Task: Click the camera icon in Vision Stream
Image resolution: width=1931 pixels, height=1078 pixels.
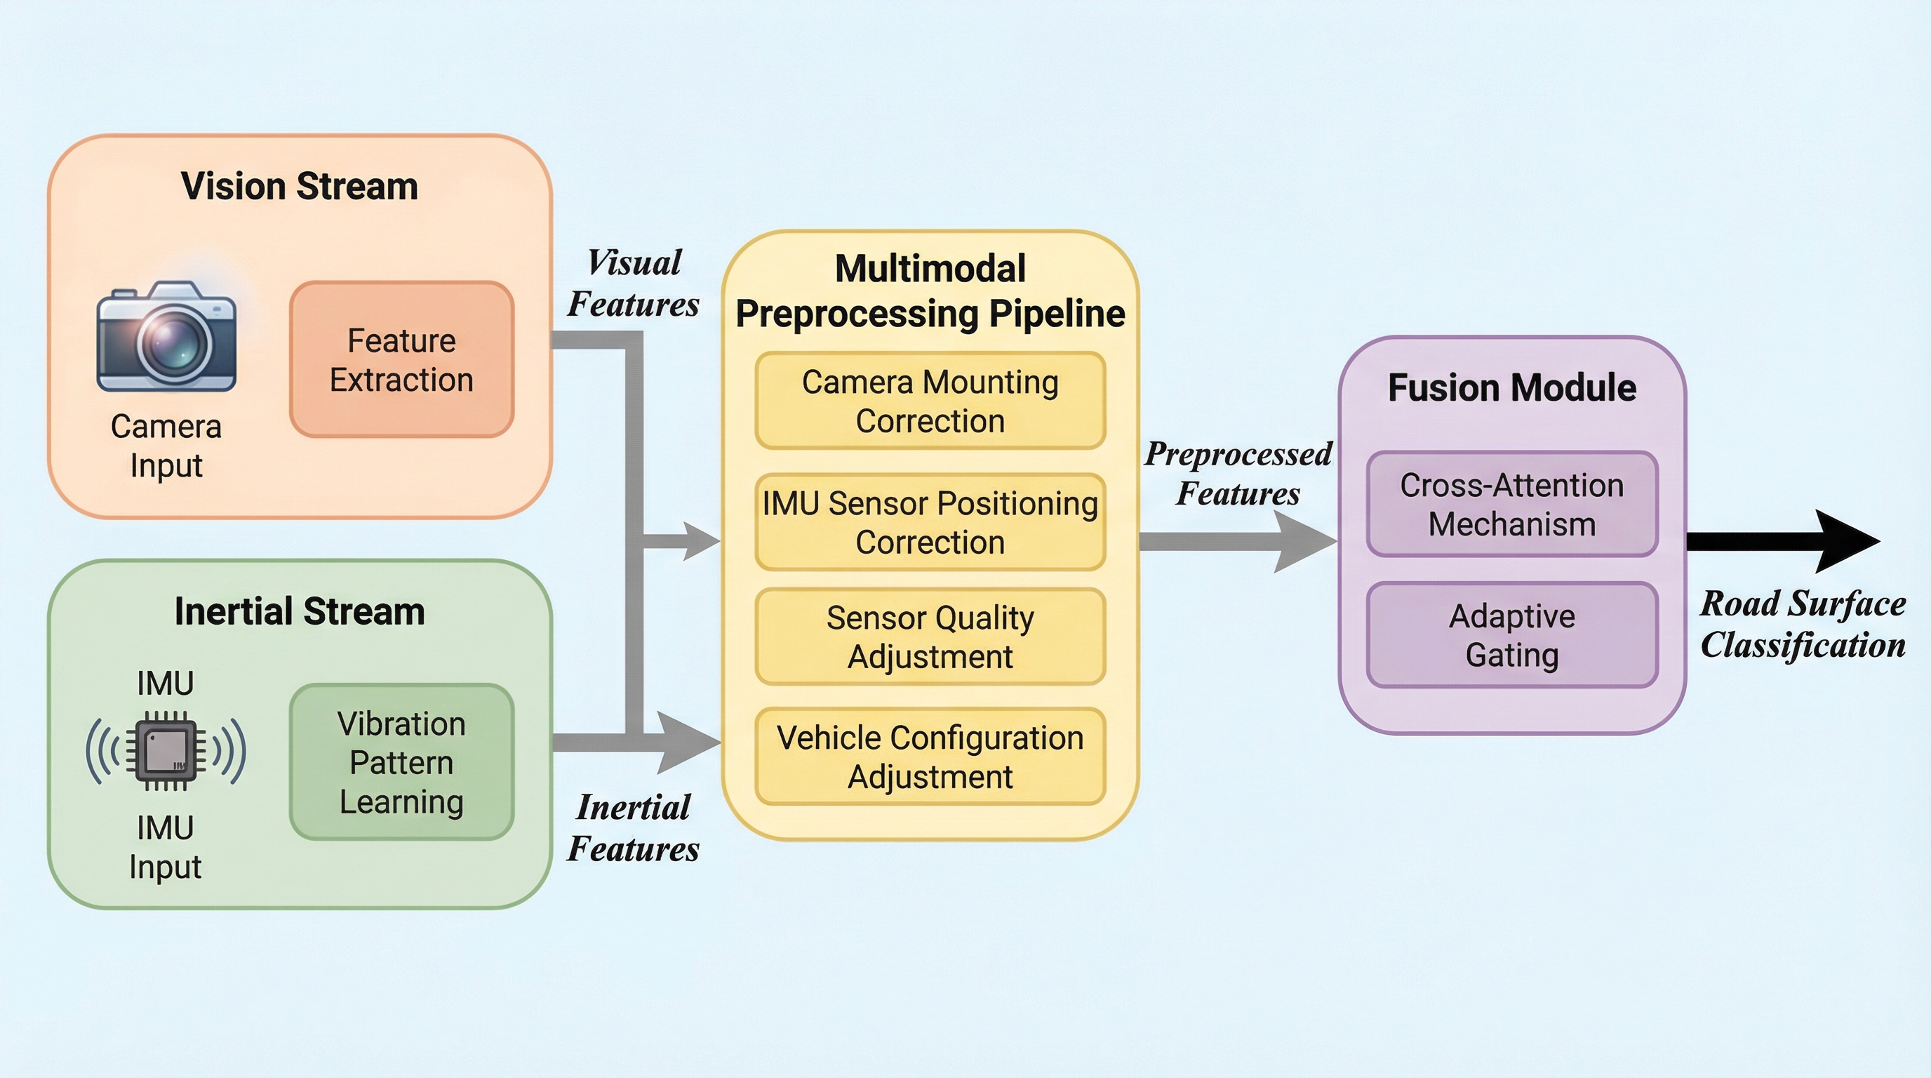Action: click(166, 338)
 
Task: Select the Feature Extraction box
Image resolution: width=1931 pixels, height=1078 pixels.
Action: click(402, 360)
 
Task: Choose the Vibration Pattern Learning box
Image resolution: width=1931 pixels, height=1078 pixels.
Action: click(402, 762)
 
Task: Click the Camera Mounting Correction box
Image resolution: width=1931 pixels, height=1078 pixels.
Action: click(930, 401)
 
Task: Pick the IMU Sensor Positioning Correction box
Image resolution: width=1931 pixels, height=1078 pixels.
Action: click(930, 523)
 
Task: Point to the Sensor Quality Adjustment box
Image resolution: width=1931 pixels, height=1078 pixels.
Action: click(930, 637)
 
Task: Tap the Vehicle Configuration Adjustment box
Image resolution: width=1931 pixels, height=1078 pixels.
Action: click(930, 757)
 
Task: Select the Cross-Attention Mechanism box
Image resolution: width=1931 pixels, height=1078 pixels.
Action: click(1512, 505)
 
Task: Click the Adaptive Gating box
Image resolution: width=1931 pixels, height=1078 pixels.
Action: click(1512, 636)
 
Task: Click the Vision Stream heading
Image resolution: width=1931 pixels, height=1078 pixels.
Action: click(299, 186)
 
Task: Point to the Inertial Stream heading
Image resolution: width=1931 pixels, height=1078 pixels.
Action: click(299, 611)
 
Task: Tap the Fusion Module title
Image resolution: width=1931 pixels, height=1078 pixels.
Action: click(1512, 387)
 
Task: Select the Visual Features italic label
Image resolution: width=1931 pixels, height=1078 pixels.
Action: click(634, 284)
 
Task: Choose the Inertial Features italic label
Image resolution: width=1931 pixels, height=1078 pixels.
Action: click(634, 827)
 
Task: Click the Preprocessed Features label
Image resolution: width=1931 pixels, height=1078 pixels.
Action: click(1238, 473)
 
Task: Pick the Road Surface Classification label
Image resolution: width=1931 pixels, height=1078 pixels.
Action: click(1803, 624)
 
